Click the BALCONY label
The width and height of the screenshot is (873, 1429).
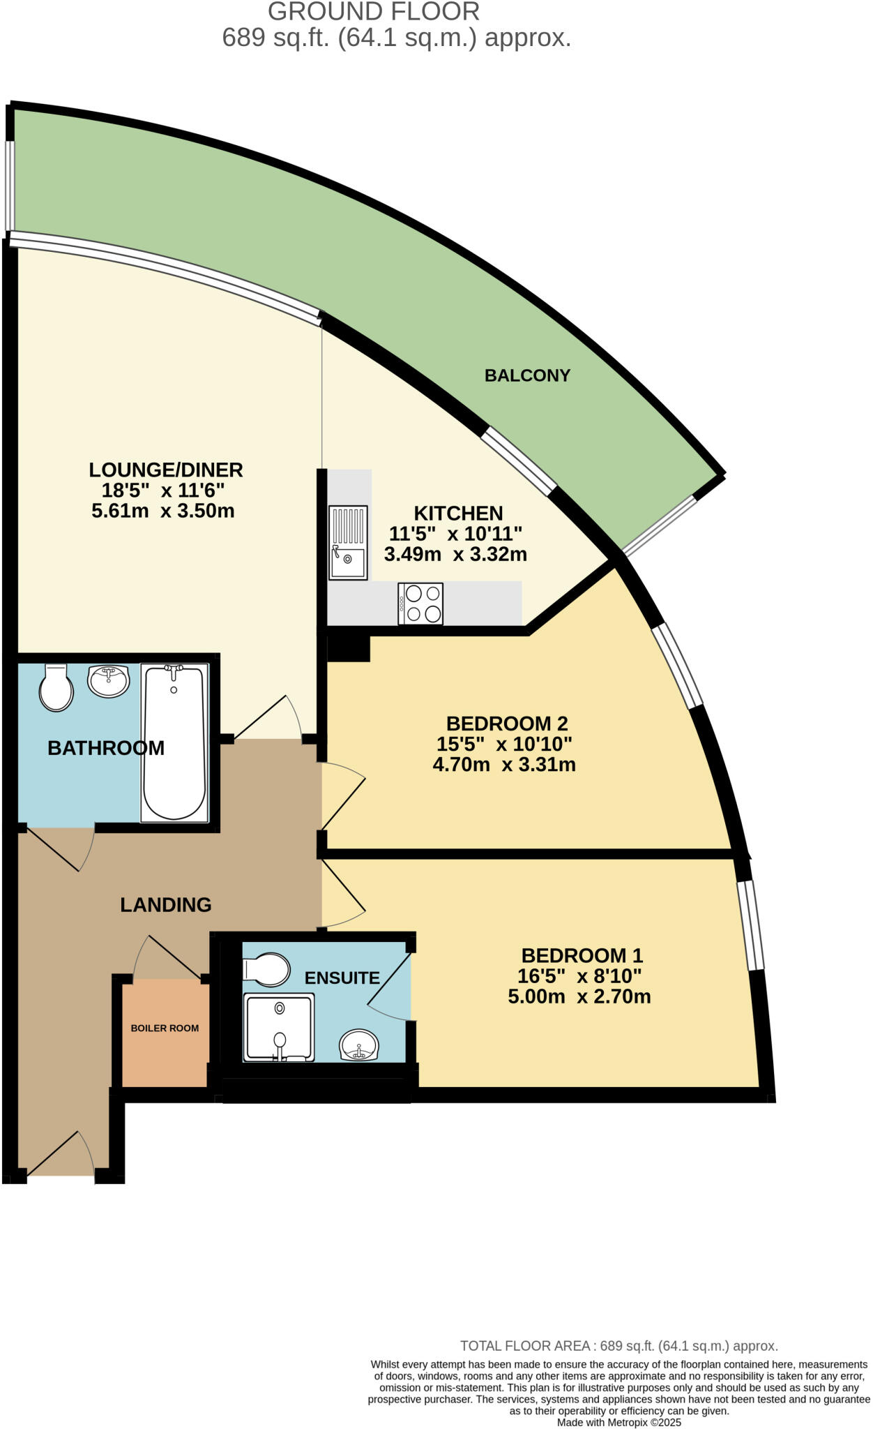(527, 375)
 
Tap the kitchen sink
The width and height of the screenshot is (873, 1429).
(348, 543)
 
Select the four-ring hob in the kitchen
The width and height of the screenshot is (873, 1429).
(420, 604)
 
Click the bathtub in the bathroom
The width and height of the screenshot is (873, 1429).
(174, 742)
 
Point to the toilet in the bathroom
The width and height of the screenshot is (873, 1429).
(56, 688)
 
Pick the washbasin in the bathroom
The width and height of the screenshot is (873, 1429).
(108, 680)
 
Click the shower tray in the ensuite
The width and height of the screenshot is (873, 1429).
(279, 1027)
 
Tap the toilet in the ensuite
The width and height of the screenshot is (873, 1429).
(267, 969)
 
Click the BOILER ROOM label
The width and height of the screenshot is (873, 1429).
(165, 1028)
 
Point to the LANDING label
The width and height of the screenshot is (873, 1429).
(165, 905)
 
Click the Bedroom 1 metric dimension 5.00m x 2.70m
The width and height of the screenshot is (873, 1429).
(579, 996)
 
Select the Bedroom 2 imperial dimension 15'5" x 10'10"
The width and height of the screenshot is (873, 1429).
(504, 744)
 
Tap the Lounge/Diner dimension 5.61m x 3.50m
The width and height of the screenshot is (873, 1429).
(162, 511)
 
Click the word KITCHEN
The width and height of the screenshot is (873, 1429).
(458, 514)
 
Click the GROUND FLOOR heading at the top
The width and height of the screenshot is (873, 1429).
(374, 12)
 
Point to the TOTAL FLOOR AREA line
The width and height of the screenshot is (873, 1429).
(618, 1346)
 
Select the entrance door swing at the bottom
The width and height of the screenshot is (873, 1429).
(61, 1155)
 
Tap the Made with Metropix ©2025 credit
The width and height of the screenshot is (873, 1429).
(618, 1422)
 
